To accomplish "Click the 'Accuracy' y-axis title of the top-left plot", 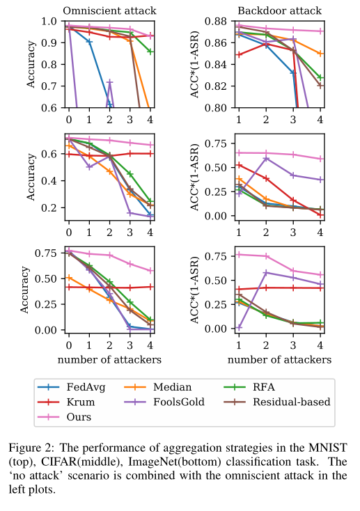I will (31, 65).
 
